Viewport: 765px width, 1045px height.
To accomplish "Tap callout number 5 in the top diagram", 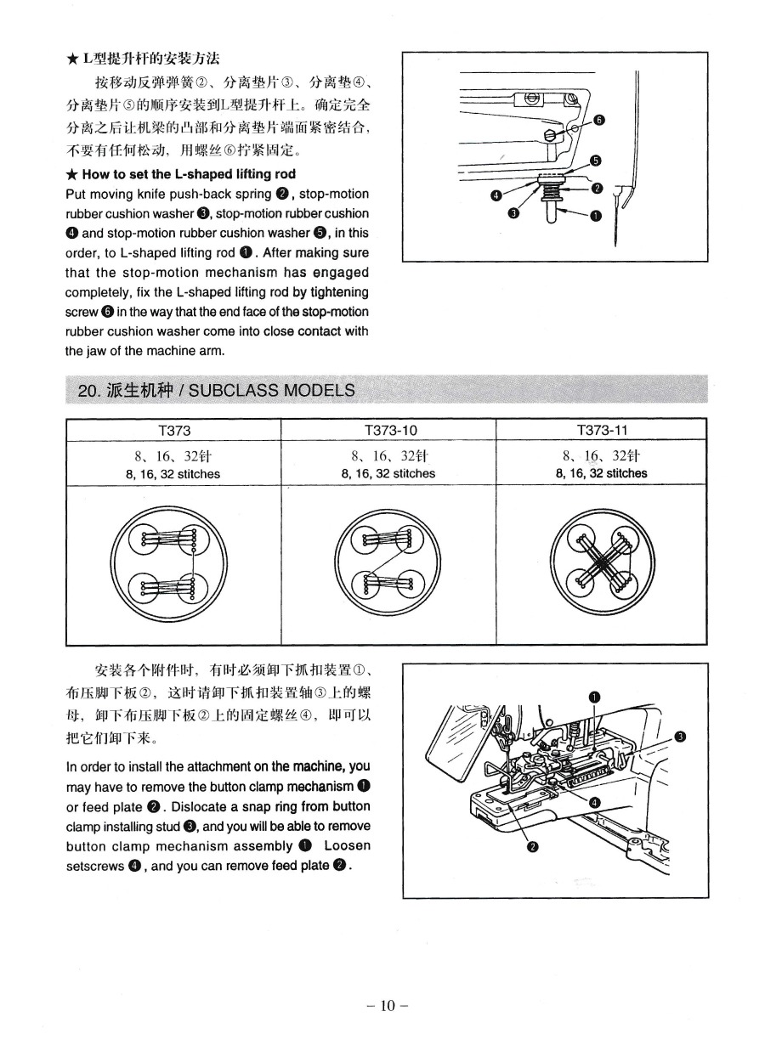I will [595, 161].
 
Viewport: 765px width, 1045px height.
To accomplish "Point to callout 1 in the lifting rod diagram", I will [594, 216].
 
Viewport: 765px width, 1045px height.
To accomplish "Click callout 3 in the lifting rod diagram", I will [513, 212].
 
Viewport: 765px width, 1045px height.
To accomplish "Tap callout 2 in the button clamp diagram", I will [533, 846].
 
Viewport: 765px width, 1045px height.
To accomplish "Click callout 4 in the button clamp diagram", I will [593, 803].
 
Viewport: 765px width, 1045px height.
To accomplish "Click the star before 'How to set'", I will [71, 175].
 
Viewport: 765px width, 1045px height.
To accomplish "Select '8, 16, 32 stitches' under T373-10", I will [388, 473].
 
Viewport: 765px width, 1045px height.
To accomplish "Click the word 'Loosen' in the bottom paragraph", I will [347, 846].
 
